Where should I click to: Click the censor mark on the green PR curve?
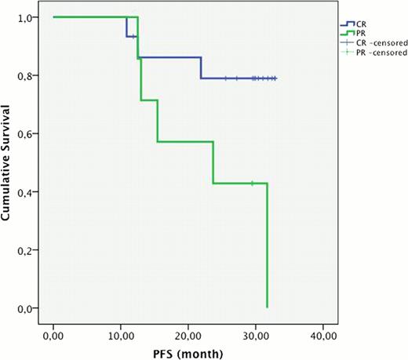[x=252, y=184]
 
